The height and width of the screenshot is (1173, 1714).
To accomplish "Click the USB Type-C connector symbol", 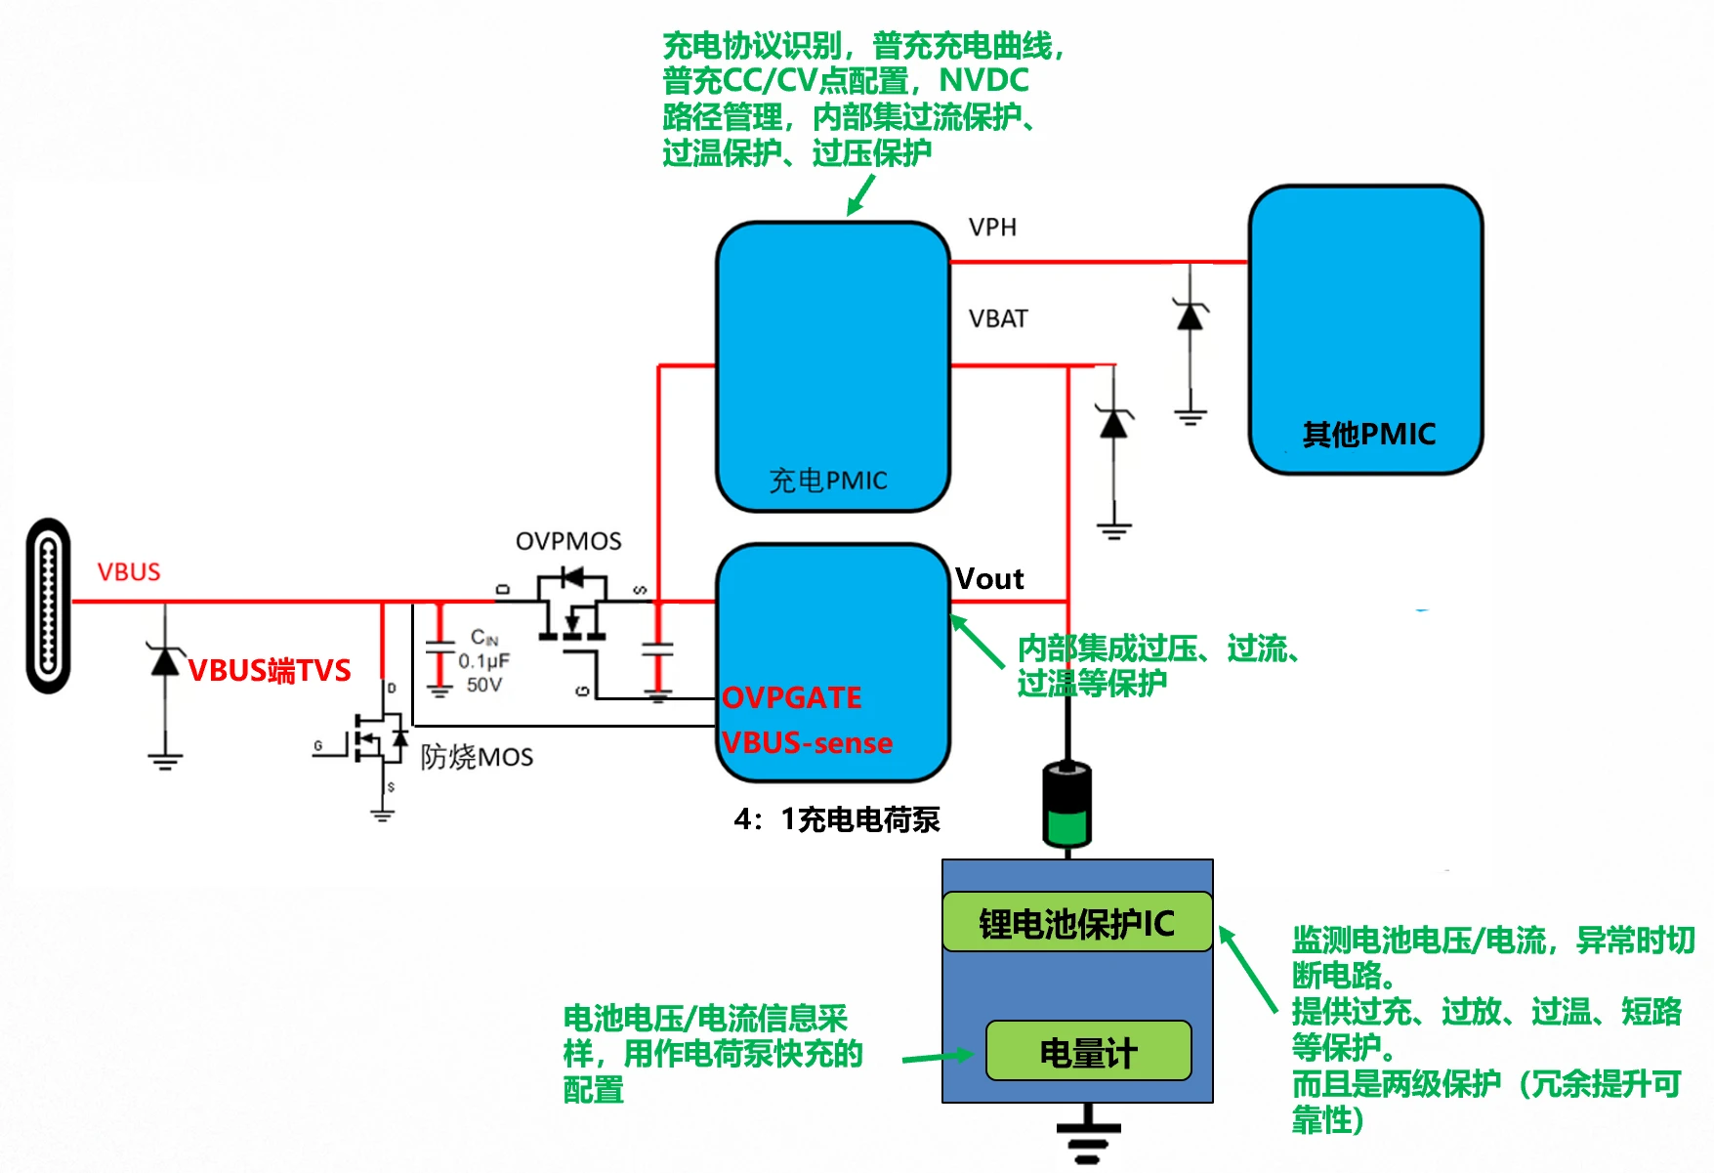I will pyautogui.click(x=48, y=606).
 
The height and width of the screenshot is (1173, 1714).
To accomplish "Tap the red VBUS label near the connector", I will pyautogui.click(x=129, y=572).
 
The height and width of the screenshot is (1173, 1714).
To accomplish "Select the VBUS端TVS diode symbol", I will pyautogui.click(x=165, y=661).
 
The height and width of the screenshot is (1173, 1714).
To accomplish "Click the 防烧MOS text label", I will pyautogui.click(x=477, y=757).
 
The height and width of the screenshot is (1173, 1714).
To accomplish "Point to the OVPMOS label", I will pyautogui.click(x=568, y=541).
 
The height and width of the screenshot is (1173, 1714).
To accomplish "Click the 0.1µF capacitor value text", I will pyautogui.click(x=484, y=661).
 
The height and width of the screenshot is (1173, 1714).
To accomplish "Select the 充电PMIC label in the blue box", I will pyautogui.click(x=828, y=481).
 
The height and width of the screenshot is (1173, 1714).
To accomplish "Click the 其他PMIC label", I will pyautogui.click(x=1368, y=435).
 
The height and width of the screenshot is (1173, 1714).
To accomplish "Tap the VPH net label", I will pyautogui.click(x=992, y=228).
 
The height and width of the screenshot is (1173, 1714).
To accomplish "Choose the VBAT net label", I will pyautogui.click(x=998, y=319).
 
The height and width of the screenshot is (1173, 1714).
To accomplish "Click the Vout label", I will pyautogui.click(x=989, y=579).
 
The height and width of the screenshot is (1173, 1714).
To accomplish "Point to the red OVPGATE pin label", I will pyautogui.click(x=792, y=697).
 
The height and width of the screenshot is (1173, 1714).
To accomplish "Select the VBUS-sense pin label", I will pyautogui.click(x=808, y=743).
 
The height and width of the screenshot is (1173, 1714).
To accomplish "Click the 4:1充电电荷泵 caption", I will pyautogui.click(x=837, y=819).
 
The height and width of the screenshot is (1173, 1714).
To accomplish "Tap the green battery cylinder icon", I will pyautogui.click(x=1067, y=804).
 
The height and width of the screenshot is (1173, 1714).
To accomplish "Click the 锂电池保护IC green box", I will pyautogui.click(x=1077, y=923).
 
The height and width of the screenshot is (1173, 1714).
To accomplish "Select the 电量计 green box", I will pyautogui.click(x=1088, y=1052).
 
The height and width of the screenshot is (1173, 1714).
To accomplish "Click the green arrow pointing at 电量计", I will pyautogui.click(x=938, y=1057).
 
